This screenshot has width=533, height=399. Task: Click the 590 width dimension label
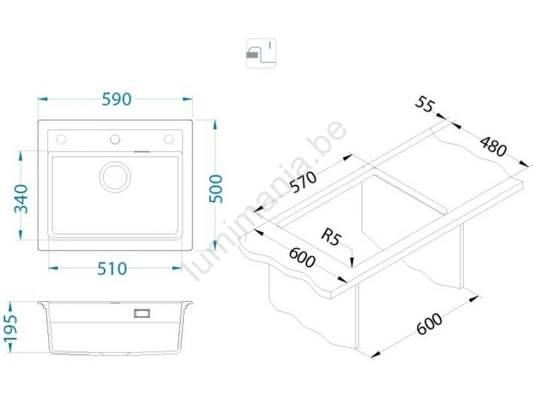pyautogui.click(x=117, y=99)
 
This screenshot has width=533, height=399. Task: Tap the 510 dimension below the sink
pyautogui.click(x=112, y=269)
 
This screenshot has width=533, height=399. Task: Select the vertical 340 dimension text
pyautogui.click(x=21, y=198)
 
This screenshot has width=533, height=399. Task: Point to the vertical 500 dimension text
pyautogui.click(x=215, y=189)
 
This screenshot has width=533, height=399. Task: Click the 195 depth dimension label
pyautogui.click(x=10, y=328)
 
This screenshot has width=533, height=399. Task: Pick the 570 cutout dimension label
pyautogui.click(x=303, y=182)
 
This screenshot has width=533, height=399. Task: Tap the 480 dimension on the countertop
pyautogui.click(x=493, y=146)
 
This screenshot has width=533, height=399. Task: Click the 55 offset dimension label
pyautogui.click(x=425, y=104)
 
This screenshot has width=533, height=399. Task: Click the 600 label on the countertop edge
pyautogui.click(x=302, y=257)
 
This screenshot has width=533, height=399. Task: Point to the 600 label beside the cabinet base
pyautogui.click(x=430, y=324)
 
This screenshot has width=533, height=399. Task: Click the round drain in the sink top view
pyautogui.click(x=115, y=177)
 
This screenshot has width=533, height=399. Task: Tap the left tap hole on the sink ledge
pyautogui.click(x=61, y=139)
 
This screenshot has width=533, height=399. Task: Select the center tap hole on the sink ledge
pyautogui.click(x=115, y=139)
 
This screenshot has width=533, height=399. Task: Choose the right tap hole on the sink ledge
pyautogui.click(x=169, y=139)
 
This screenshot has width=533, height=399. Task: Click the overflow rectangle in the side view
pyautogui.click(x=142, y=313)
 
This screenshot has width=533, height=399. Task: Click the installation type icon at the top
pyautogui.click(x=261, y=53)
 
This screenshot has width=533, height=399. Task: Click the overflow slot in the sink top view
pyautogui.click(x=142, y=152)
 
